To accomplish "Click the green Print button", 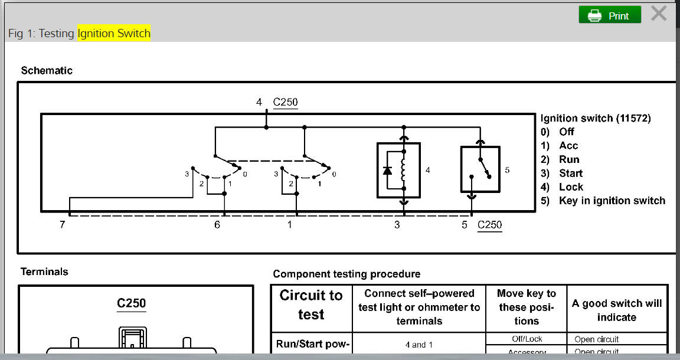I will coord(610,15).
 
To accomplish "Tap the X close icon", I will coord(659,14).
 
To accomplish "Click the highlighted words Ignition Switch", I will coord(114,33).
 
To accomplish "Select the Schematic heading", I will coord(47,70).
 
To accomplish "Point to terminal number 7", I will coord(62,225).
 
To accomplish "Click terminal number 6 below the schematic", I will coord(217,225).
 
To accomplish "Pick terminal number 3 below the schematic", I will coord(397,225).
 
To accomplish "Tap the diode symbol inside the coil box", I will coord(387,171).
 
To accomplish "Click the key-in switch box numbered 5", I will coord(479,169).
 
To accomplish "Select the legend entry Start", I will coord(570,173).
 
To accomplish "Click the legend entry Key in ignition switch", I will coord(612,201).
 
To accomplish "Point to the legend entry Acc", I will coord(568,145).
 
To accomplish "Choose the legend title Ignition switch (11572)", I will coord(596,118).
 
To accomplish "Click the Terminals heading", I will coord(44,271).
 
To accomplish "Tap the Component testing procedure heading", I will coord(346,274).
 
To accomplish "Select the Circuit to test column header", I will coord(311,305).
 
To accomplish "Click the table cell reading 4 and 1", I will coord(419,345).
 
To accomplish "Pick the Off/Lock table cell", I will coord(527,339).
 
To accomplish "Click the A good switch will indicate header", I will coord(617,310).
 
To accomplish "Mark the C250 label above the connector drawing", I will coord(131,303).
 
